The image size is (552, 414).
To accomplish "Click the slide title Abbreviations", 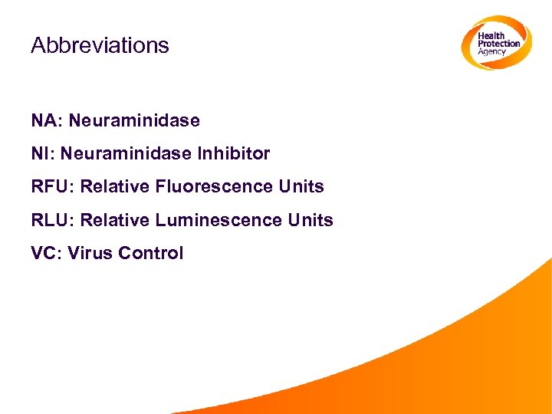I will coord(100,45).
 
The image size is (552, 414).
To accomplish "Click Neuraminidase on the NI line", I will coord(127,153).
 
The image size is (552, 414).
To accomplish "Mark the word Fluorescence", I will coord(204,186).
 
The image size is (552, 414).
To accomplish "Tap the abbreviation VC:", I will coord(45,253).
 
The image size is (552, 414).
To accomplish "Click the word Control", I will coord(150,253).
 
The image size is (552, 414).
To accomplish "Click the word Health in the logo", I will coord(491,36).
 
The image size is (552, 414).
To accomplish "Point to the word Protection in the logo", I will coord(499,44).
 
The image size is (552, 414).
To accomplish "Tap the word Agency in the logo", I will coord(493,52).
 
